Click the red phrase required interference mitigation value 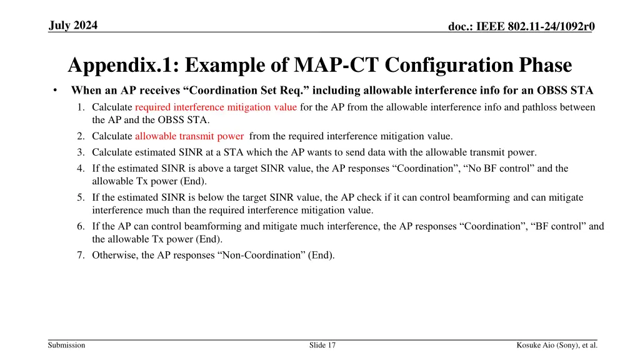click(216, 107)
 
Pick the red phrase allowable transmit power click(189, 136)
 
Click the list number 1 click(81, 107)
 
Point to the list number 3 click(81, 152)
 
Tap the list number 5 click(81, 197)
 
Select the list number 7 click(81, 254)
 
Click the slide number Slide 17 click(322, 345)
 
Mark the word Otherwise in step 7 click(115, 254)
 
